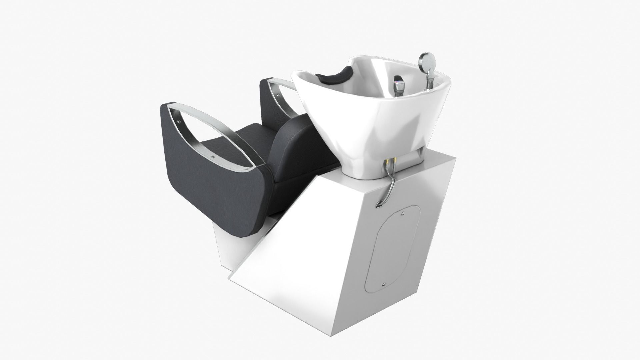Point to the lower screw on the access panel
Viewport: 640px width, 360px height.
tap(383, 284)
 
